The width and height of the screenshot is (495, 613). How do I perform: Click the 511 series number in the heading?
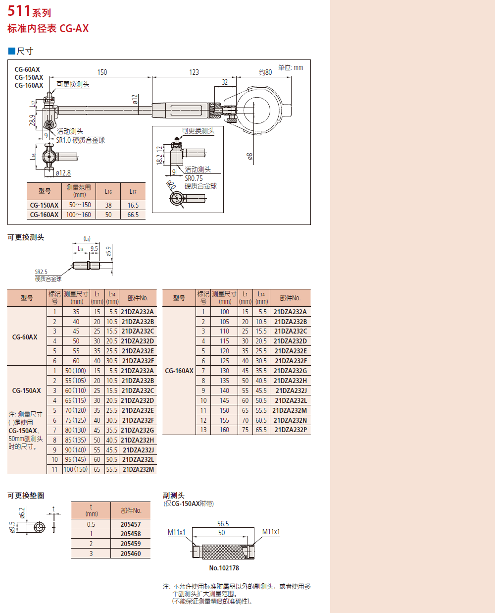(19, 10)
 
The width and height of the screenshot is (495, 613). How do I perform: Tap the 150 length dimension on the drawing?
(102, 72)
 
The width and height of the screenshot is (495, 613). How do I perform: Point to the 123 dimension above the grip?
(194, 72)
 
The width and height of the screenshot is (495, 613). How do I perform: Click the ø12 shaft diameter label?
(135, 100)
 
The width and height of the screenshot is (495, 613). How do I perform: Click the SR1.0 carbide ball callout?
(80, 140)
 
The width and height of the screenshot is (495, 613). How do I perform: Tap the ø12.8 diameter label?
(63, 173)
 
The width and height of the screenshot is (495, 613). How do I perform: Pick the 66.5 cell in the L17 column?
(133, 215)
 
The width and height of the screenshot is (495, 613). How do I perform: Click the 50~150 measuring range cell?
(80, 205)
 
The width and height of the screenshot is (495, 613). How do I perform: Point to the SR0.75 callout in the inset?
(194, 178)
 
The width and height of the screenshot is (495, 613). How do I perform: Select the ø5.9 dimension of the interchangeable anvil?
(108, 252)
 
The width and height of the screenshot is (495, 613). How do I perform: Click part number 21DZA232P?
(291, 430)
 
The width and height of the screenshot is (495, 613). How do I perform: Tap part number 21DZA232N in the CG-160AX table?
(291, 420)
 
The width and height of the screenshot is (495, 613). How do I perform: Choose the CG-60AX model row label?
(25, 337)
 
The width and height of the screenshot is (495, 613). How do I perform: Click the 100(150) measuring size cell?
(76, 469)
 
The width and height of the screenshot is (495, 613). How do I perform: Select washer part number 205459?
(131, 544)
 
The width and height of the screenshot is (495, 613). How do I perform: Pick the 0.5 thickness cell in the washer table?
(91, 524)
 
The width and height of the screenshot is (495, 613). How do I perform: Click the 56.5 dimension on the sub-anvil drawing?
(223, 524)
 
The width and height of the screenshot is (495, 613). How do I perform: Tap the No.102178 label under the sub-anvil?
(224, 568)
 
